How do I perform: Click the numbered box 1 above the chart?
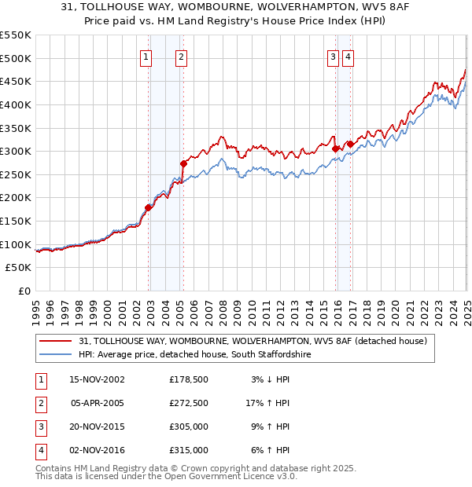click(x=146, y=56)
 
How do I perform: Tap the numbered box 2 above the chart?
click(x=181, y=56)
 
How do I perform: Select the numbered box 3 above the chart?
click(x=333, y=56)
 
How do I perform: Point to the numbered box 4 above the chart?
click(x=347, y=56)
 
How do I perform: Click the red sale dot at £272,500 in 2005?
click(x=183, y=164)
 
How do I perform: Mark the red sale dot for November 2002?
click(x=149, y=207)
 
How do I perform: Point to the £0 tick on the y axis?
click(x=24, y=291)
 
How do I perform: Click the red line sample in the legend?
click(x=55, y=341)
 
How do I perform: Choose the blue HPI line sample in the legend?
click(x=55, y=355)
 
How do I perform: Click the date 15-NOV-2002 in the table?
click(x=98, y=379)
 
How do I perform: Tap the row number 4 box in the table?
click(x=39, y=450)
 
